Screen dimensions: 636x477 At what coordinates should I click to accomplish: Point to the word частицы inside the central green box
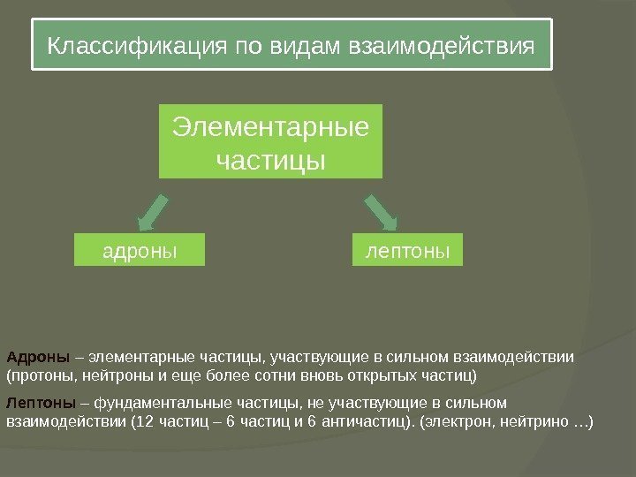point(270,162)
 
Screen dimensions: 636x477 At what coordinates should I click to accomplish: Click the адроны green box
point(140,250)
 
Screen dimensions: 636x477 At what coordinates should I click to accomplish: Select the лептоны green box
point(407,250)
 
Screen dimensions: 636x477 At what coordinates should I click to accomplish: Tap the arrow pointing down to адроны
point(158,211)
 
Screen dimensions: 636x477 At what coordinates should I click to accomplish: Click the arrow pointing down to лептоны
point(381,211)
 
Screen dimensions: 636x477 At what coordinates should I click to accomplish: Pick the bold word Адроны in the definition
point(38,358)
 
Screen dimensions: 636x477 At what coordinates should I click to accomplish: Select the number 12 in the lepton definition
point(144,420)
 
